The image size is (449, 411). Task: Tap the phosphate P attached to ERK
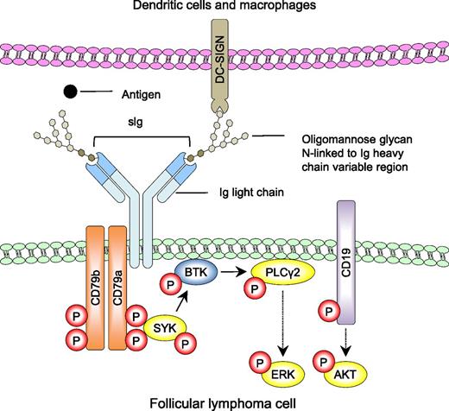[256, 360]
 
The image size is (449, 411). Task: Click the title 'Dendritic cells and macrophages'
[224, 9]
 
